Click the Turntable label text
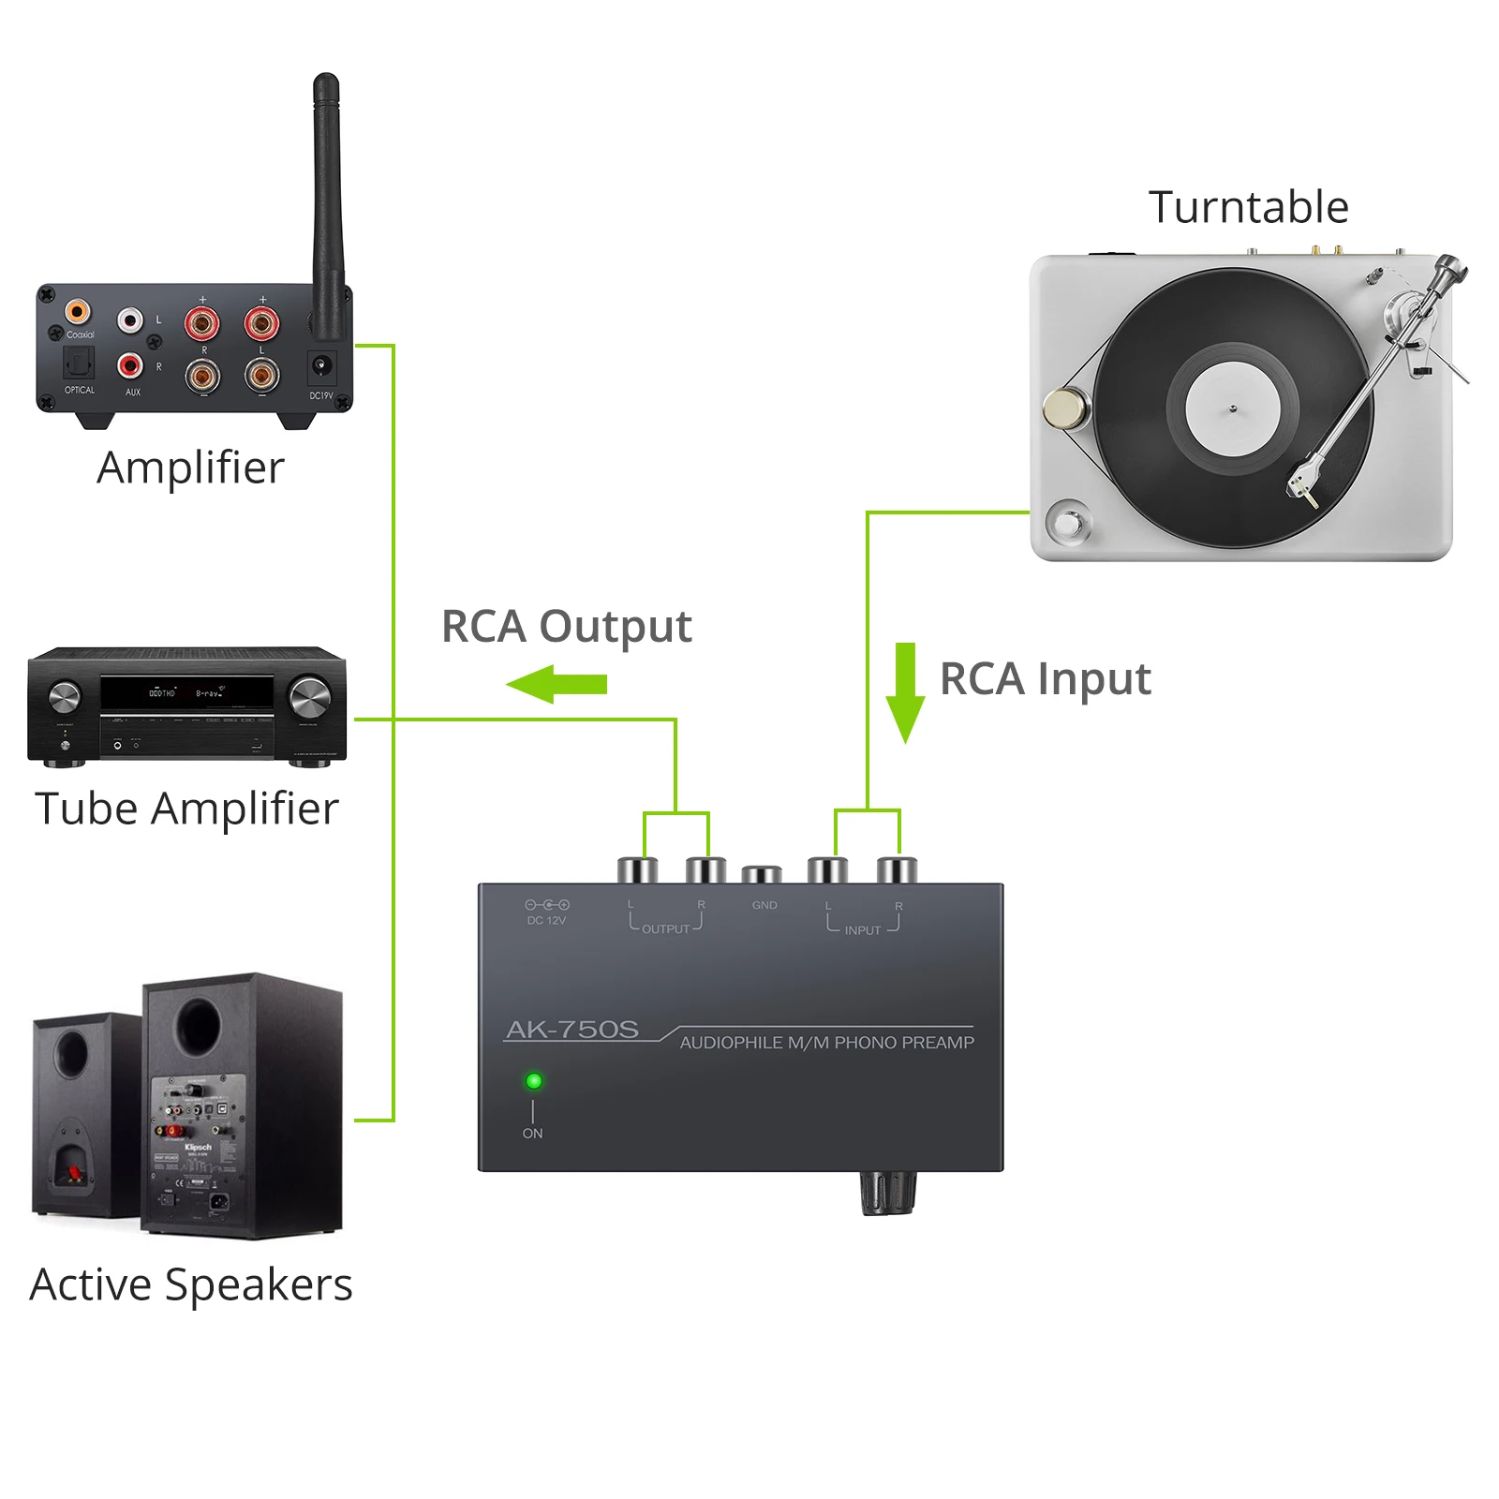pos(1248,207)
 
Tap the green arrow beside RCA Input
pos(905,691)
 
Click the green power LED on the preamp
pos(534,1081)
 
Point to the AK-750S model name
pos(572,1030)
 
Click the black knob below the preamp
pos(887,1193)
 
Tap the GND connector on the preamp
pos(762,875)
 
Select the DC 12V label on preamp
pos(546,920)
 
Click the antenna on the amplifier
pos(326,206)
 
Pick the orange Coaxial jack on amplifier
pos(78,312)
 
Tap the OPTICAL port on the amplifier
pos(79,362)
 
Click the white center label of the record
pos(1232,408)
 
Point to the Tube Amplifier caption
pos(186,809)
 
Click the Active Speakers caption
pos(191,1284)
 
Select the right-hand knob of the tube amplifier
pos(309,697)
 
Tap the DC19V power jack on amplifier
pos(321,365)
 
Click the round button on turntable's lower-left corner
pos(1067,523)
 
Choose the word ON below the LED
pos(532,1134)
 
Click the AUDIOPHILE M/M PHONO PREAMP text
pos(826,1043)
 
